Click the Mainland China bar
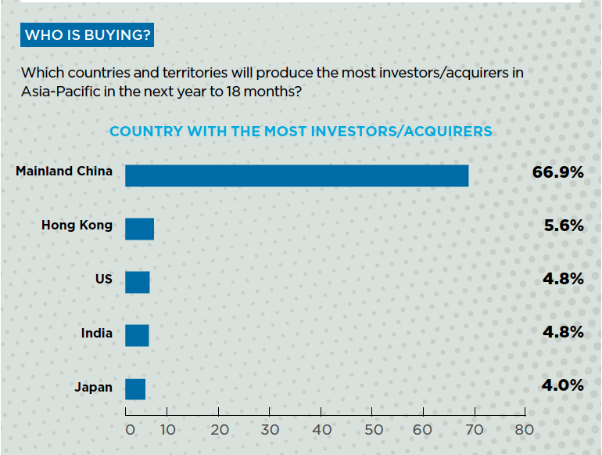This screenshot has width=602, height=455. [297, 175]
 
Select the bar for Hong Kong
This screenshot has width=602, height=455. [139, 229]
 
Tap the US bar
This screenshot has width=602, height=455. [137, 282]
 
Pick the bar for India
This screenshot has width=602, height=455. [137, 335]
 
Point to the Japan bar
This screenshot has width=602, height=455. [135, 389]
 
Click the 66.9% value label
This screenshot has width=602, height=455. [557, 172]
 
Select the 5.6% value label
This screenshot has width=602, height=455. [563, 226]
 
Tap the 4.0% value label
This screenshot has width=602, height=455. [563, 385]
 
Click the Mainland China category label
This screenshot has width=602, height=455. [64, 171]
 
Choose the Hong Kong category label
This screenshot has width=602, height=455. [77, 226]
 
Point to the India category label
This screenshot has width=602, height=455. [96, 333]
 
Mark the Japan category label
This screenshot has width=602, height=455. [93, 387]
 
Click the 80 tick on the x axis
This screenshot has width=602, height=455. [524, 429]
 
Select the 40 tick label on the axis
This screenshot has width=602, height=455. [322, 429]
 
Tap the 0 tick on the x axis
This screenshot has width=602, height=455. [131, 429]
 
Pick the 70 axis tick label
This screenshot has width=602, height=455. [475, 429]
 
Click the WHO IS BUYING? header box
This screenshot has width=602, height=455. [88, 35]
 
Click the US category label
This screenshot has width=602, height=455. [103, 279]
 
